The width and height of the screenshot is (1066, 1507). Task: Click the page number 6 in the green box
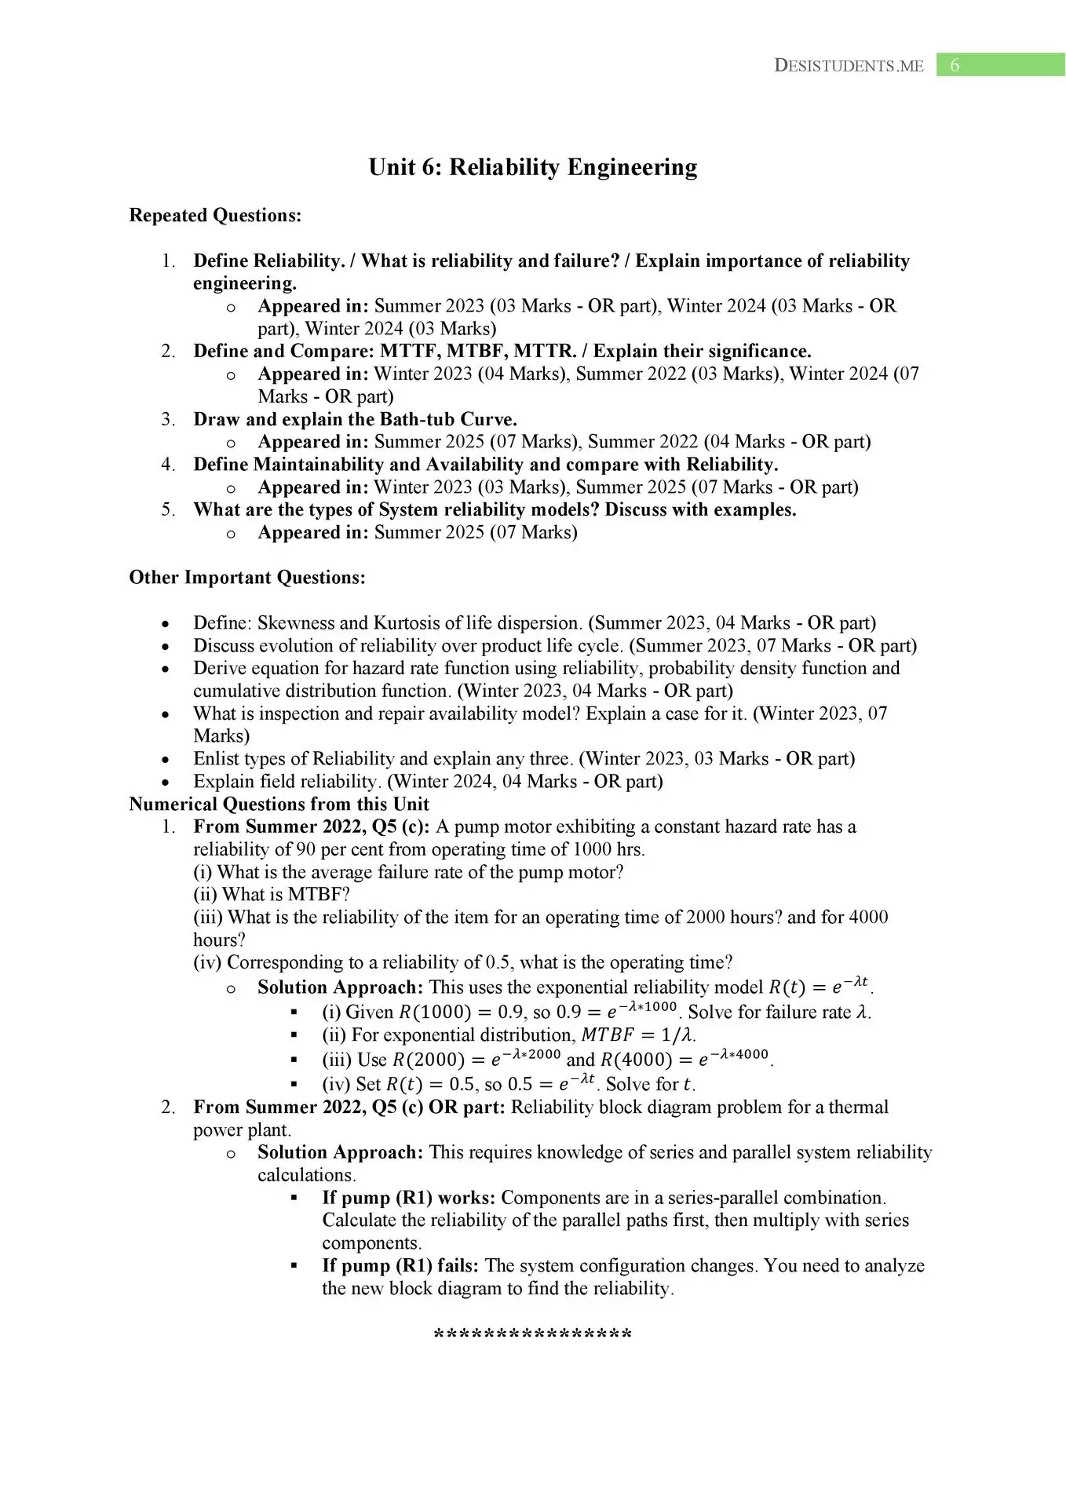coord(955,66)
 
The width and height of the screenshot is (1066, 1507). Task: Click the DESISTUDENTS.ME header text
coord(849,66)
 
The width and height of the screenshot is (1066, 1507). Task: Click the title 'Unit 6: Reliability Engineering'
coord(533,167)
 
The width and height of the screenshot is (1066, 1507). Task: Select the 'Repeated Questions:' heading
coord(215,215)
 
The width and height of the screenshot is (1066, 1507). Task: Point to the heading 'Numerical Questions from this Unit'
coord(279,804)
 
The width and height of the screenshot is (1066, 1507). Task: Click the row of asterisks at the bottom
coord(533,1334)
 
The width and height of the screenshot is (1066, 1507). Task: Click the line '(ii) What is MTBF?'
coord(272,894)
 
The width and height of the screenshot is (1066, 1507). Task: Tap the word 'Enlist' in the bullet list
coord(217,759)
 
